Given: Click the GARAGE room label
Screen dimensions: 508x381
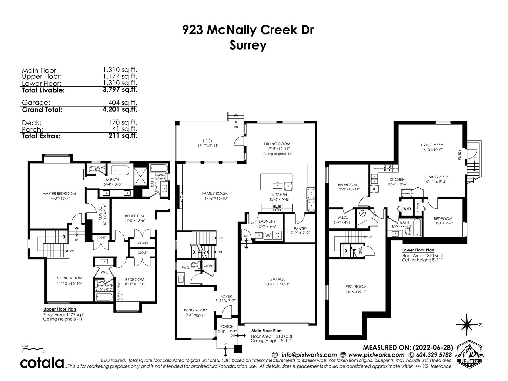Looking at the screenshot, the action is point(277,279).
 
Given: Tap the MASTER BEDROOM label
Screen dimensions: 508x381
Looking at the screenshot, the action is point(59,193).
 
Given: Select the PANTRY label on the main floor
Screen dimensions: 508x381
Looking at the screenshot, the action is point(300,229).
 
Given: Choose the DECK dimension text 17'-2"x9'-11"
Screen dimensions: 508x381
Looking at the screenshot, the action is point(208,146).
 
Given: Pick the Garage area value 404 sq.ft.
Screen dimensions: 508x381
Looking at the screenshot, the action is point(123,103).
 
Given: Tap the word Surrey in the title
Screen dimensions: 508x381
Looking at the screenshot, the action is point(248,45).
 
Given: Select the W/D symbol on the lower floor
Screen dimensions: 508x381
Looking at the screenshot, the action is point(406,209).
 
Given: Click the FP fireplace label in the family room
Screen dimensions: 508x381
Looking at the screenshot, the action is point(182,197).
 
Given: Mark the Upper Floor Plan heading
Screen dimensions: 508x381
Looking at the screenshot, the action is point(60,309).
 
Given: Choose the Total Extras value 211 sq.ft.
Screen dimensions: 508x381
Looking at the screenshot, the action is point(123,136).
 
